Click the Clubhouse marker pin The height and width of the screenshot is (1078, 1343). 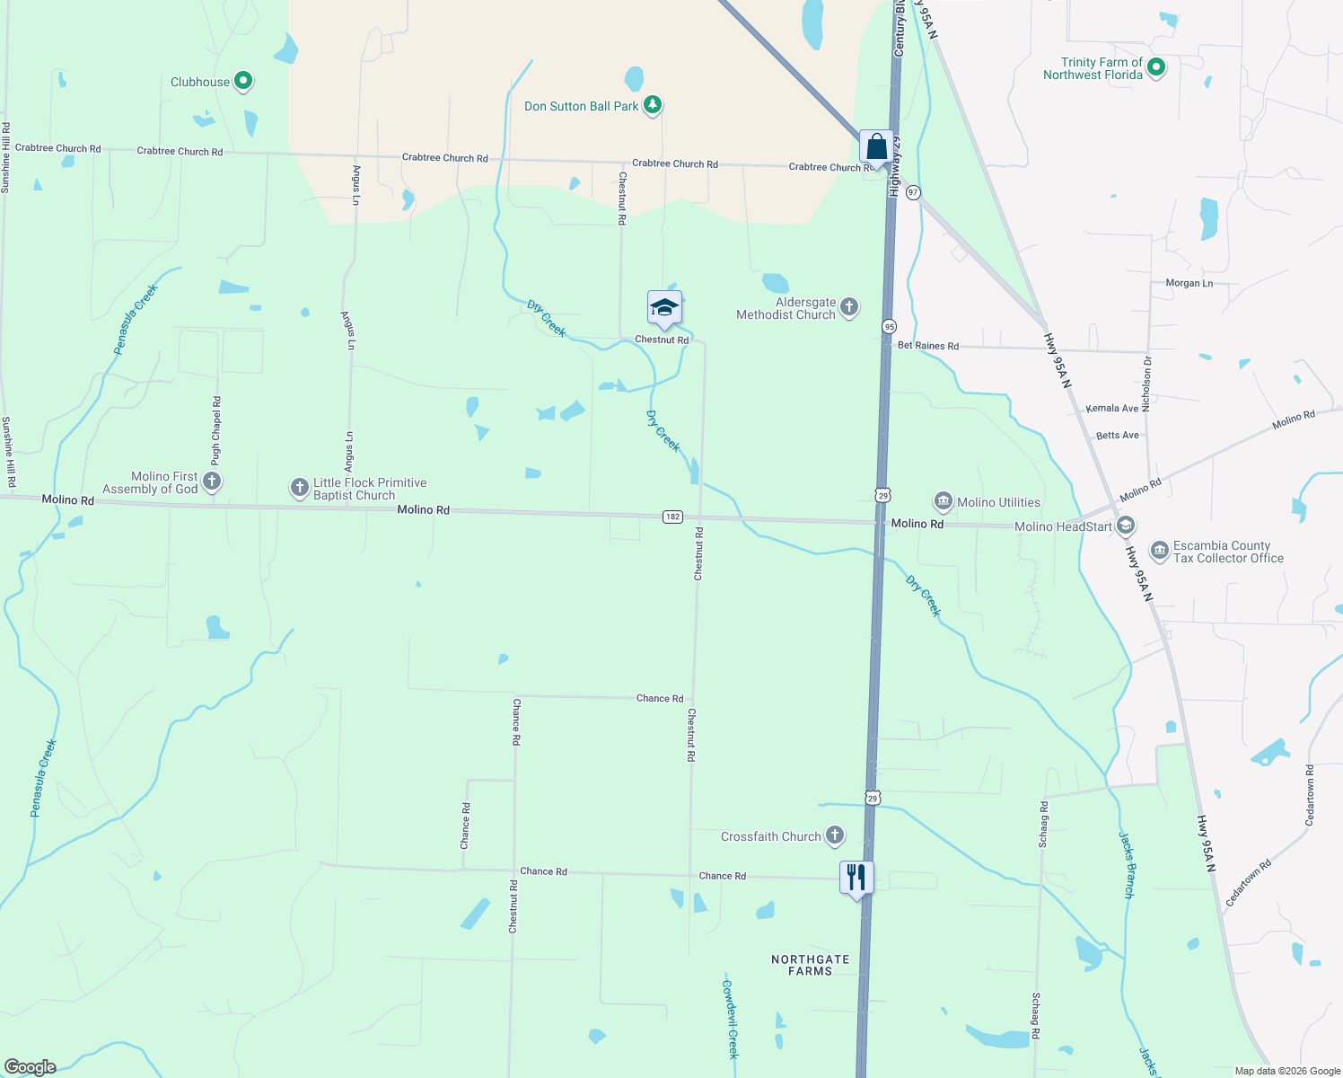coord(242,82)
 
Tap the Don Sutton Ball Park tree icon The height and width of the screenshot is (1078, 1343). coord(653,106)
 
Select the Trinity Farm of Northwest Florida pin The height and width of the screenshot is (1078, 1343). coord(1156,67)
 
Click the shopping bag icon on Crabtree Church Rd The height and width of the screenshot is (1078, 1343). coord(876,147)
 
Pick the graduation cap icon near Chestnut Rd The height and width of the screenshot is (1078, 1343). coord(664,308)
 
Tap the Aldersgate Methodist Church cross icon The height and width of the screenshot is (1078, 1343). coord(848,308)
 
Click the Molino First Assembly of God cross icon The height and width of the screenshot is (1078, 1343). coord(212,482)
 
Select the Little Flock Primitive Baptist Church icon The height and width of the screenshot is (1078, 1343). coord(299,488)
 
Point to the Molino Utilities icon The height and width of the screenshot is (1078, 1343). coord(943,501)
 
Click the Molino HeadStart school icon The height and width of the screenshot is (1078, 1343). coord(1126,526)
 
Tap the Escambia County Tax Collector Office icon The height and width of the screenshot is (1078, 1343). coord(1160,550)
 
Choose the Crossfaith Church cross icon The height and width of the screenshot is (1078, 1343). coord(835,835)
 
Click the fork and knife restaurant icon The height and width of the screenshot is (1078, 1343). coord(856,877)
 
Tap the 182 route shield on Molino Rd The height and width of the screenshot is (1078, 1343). coord(672,517)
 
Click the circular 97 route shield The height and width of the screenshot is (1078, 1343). coord(913,192)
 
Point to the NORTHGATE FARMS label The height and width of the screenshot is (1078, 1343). coord(811,965)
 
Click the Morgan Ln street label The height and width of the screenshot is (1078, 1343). coord(1189,283)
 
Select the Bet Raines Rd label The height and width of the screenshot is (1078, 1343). coord(928,346)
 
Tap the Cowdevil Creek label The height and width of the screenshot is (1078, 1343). coord(731,1018)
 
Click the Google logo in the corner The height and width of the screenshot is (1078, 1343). coord(31,1067)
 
